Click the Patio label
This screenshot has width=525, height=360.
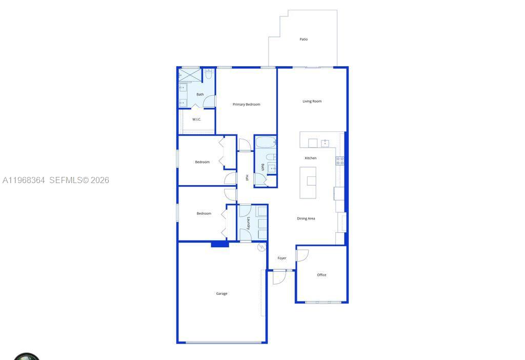pos(304,39)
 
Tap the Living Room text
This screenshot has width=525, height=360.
pos(312,102)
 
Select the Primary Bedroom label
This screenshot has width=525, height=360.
pos(246,105)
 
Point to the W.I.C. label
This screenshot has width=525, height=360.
pos(197,119)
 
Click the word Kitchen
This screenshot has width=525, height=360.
pos(311,158)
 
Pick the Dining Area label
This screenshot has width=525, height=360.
pos(306,218)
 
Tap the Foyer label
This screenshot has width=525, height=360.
pos(282,258)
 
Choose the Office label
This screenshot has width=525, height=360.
pos(321,275)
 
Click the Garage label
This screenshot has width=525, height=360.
pos(221,294)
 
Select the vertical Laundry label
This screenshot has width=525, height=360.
pos(249,223)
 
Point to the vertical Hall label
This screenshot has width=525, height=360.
pos(247,178)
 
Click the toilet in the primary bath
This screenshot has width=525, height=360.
pos(209,75)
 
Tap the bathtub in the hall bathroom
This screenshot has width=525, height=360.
pos(266,143)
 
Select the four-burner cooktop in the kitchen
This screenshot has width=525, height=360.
pos(340,161)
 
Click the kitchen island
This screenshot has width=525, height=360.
pos(308,182)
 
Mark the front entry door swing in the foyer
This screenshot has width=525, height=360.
pos(279,277)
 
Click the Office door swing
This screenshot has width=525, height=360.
pos(302,255)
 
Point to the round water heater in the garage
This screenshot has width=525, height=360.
pos(262,248)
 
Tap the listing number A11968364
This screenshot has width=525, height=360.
pos(24,181)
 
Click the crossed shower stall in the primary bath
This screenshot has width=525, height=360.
pos(189,75)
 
